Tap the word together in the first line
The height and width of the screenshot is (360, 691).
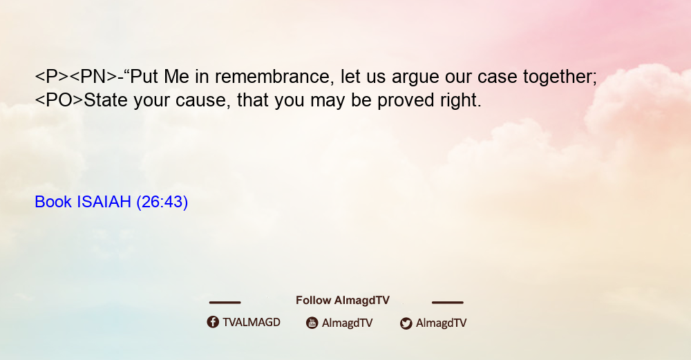560,77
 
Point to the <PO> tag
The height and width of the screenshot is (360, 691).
59,100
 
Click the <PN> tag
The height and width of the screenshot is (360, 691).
93,77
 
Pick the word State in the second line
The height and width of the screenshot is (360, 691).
106,100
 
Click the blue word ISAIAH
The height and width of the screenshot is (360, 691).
104,202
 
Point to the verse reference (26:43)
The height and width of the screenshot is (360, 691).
162,202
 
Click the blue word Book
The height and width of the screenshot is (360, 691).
53,202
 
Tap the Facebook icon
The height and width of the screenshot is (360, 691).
213,322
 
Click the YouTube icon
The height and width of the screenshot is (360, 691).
312,323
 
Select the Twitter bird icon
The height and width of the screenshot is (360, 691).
406,323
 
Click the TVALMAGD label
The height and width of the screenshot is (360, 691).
252,323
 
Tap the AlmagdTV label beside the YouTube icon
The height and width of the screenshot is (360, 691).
348,323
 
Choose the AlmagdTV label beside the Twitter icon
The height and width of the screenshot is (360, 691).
441,323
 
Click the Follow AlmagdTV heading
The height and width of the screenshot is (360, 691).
343,301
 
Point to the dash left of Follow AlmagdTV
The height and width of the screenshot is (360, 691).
225,303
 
